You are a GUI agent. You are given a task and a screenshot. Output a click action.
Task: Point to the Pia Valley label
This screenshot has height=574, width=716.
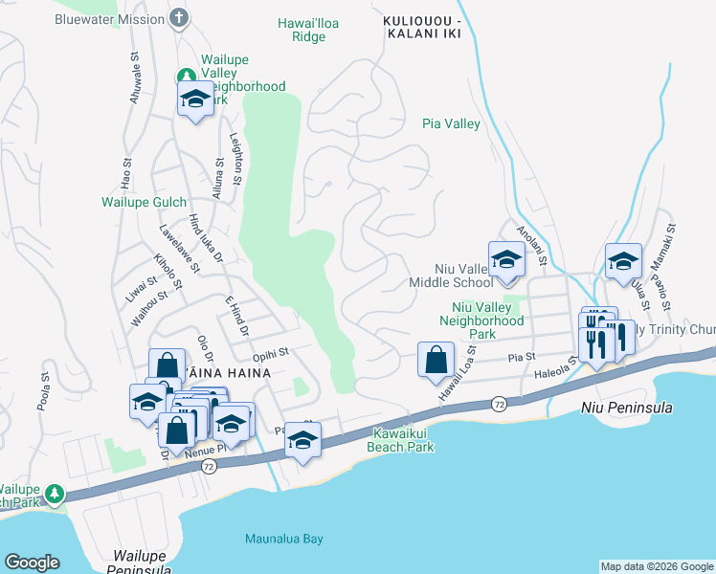pyautogui.click(x=451, y=123)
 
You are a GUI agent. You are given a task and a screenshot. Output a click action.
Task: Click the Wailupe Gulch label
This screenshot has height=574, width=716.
pyautogui.click(x=145, y=202)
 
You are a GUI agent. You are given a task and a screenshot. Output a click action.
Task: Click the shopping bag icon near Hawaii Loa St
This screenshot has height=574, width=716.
pyautogui.click(x=436, y=361)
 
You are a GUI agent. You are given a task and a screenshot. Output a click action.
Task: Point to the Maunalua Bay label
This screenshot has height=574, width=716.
pyautogui.click(x=283, y=539)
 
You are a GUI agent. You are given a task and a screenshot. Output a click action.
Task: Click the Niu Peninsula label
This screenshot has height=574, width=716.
pyautogui.click(x=627, y=408)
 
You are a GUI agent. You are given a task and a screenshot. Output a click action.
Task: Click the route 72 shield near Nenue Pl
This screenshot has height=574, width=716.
pyautogui.click(x=209, y=466)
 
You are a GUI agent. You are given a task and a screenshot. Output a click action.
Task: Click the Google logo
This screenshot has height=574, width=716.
pyautogui.click(x=32, y=563)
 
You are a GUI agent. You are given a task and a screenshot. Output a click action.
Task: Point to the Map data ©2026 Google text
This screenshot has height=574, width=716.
pyautogui.click(x=657, y=566)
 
